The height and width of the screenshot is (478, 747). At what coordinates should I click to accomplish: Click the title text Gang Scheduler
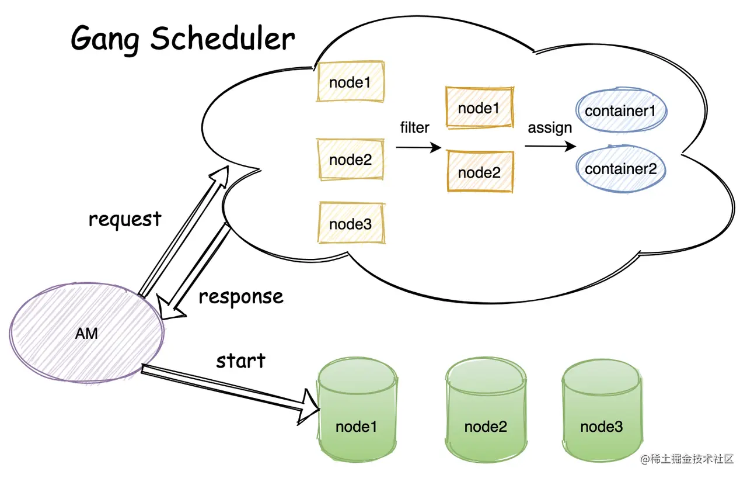[x=183, y=39]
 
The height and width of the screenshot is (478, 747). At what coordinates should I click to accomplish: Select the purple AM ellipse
[x=87, y=333]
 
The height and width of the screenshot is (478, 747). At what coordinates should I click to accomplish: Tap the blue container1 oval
[x=621, y=110]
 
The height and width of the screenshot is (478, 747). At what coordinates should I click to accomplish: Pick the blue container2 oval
[x=620, y=169]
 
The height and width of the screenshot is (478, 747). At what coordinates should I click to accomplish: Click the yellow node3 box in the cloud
[x=351, y=223]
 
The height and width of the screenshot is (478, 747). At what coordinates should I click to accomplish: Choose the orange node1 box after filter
[x=480, y=108]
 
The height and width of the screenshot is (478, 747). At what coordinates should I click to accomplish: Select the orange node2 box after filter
[x=480, y=172]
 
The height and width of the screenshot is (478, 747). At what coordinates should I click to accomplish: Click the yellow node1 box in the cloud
[x=350, y=81]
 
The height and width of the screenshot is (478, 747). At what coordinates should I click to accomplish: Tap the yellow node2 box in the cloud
[x=350, y=160]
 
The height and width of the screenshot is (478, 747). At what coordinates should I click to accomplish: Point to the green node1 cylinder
[x=357, y=409]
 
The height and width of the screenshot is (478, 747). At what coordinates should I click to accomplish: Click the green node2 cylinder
[x=486, y=409]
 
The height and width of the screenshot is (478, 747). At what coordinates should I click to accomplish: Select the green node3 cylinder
[x=602, y=410]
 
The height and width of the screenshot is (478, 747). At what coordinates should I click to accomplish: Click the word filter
[x=414, y=127]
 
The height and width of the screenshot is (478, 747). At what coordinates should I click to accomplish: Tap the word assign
[x=550, y=128]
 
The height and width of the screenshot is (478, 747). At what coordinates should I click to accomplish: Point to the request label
[x=125, y=220]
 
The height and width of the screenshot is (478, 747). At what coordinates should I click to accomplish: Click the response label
[x=241, y=297]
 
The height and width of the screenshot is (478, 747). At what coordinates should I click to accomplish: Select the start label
[x=241, y=361]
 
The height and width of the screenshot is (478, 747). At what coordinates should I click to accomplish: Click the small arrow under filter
[x=418, y=147]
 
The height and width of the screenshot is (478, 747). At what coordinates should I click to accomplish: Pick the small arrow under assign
[x=550, y=146]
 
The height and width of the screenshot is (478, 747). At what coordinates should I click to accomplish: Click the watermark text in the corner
[x=687, y=459]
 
